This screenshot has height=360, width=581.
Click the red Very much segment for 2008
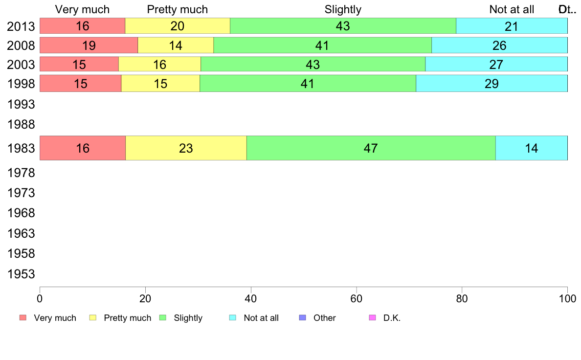(89, 45)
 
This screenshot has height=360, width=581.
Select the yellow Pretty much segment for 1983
(186, 148)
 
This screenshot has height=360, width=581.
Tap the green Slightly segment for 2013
(343, 26)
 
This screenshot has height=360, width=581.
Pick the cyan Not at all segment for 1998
(492, 83)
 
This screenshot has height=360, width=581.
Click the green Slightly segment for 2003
(313, 64)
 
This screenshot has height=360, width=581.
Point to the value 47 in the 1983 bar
(371, 148)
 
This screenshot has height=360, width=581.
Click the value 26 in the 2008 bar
(499, 45)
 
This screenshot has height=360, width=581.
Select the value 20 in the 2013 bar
(177, 26)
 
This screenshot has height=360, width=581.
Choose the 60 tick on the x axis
(356, 298)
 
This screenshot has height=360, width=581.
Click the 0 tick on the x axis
(40, 298)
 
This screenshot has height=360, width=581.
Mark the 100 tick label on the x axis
(567, 298)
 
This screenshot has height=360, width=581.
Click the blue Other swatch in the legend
(302, 318)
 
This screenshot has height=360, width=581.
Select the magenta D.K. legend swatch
(372, 318)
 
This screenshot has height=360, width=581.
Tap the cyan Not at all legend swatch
(233, 318)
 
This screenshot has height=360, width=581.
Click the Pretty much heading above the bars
(178, 9)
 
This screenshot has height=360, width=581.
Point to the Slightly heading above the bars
(343, 9)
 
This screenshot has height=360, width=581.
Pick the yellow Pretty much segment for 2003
(159, 64)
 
